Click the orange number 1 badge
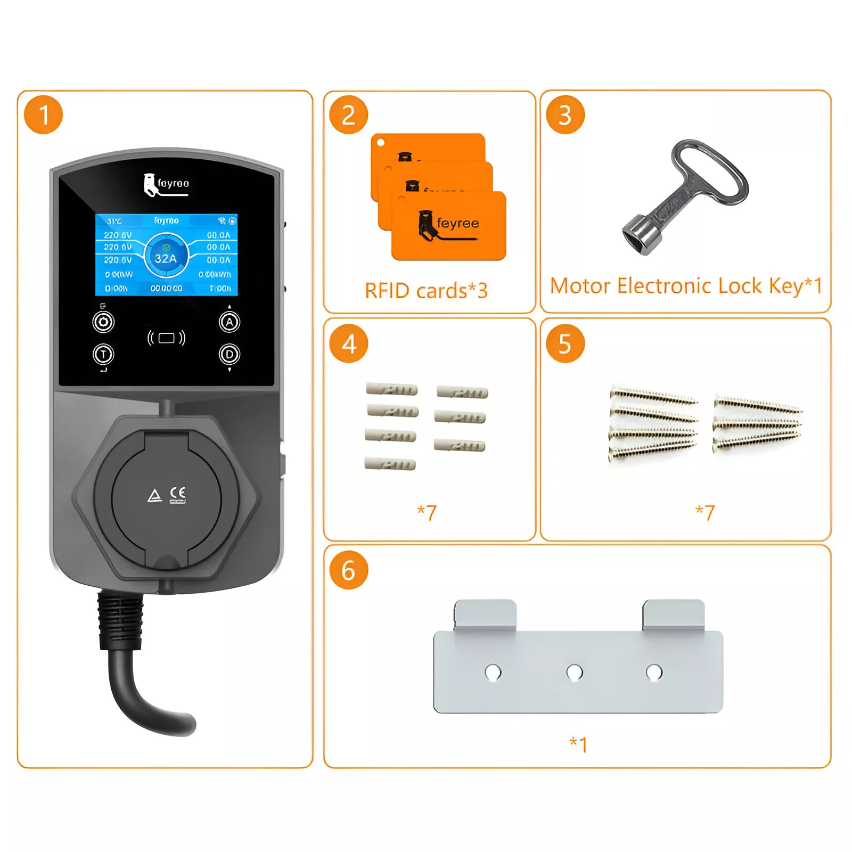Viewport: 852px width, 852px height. pos(44,115)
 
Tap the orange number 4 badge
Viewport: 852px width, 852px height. pos(349,343)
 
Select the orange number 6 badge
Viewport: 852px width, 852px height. pos(348,570)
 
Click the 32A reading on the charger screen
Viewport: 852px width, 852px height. pos(166,258)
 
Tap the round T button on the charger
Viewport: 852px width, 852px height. pos(103,354)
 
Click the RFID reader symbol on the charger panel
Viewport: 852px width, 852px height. pos(167,338)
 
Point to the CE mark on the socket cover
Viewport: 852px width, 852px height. pos(178,495)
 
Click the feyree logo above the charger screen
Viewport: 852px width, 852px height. pos(166,184)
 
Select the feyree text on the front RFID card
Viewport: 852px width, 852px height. pos(457,223)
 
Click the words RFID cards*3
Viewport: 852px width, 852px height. pos(426,291)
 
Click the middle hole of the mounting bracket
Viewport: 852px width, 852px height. pos(575,672)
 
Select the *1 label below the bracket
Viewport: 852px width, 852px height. pos(578,744)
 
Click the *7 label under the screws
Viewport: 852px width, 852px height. pos(705,512)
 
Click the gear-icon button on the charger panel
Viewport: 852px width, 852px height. pos(103,322)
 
